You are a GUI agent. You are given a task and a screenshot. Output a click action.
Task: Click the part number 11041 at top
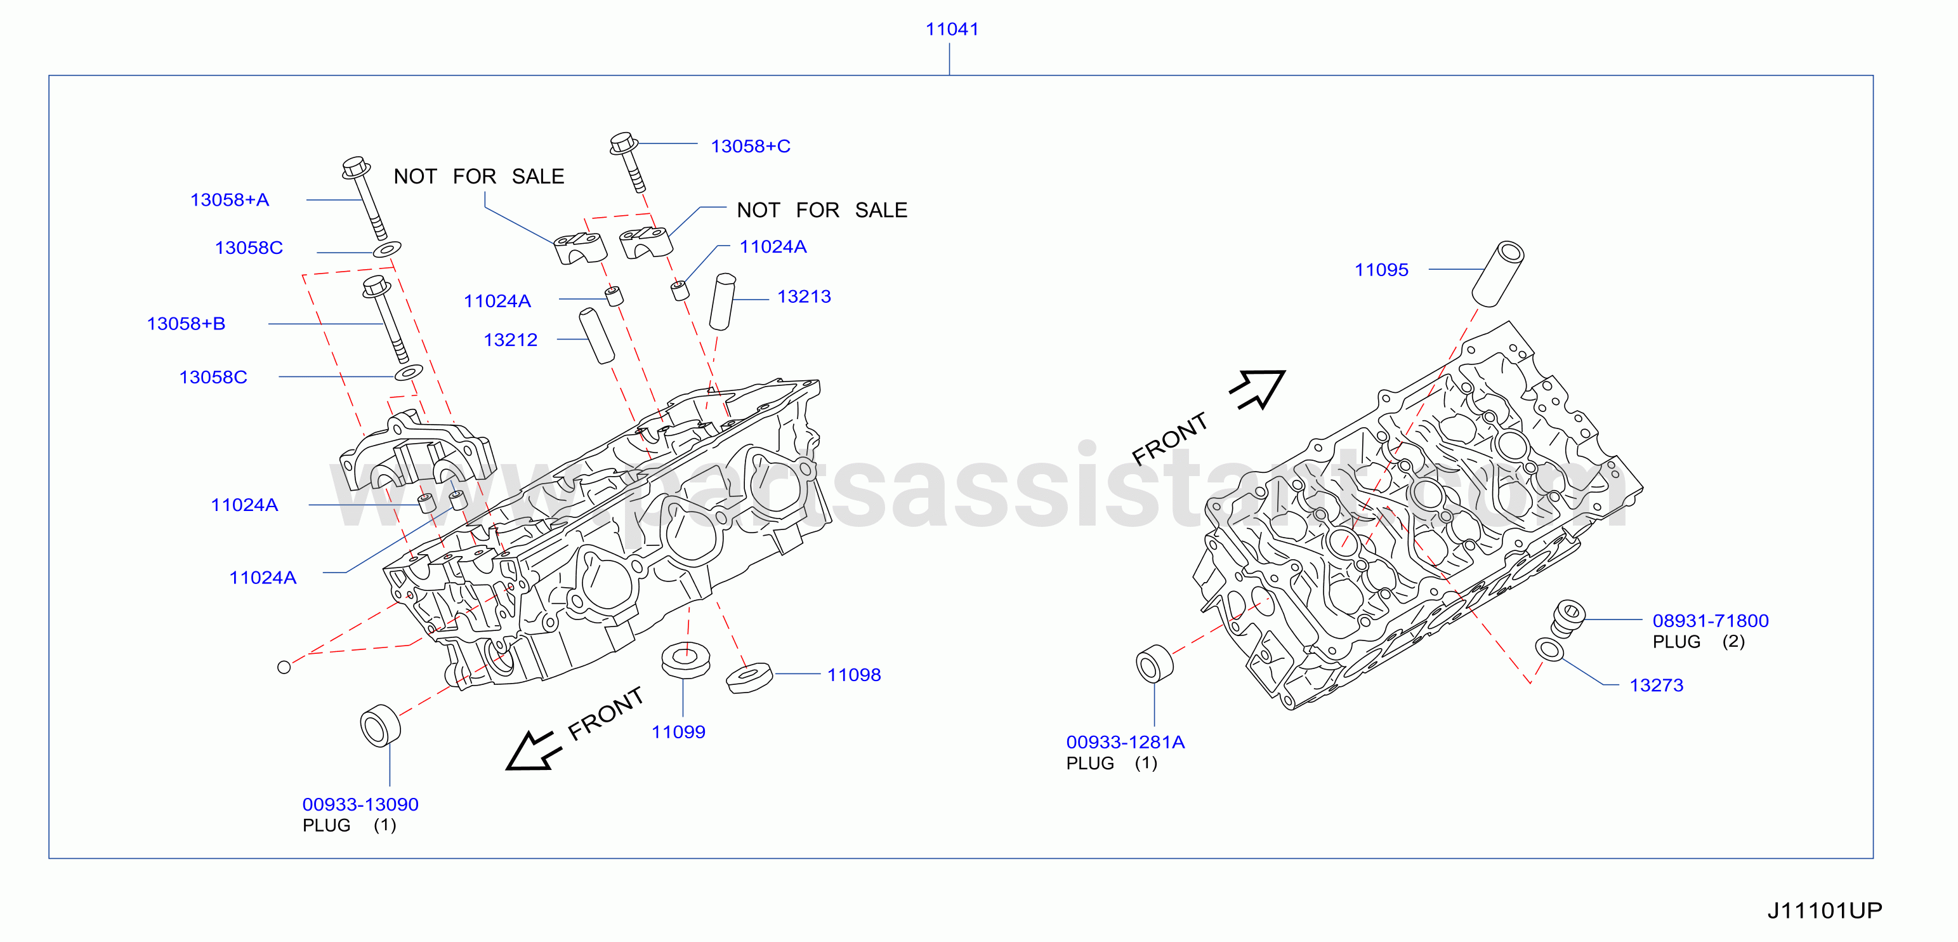click(952, 29)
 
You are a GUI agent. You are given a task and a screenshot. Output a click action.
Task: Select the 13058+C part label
click(750, 146)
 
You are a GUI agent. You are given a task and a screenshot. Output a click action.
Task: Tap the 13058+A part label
click(230, 200)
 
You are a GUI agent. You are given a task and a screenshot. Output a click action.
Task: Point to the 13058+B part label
click(187, 324)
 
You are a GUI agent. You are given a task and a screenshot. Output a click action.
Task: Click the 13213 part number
click(804, 296)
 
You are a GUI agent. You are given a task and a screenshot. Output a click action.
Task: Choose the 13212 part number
click(511, 340)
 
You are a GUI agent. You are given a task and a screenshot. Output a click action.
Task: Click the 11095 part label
click(1381, 270)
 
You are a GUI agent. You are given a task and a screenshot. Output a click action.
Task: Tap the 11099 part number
click(678, 732)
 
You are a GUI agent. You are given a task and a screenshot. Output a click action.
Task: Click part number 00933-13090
click(360, 804)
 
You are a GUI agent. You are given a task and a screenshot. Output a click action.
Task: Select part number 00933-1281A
click(1125, 742)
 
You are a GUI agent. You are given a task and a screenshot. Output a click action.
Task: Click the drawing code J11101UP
click(1824, 910)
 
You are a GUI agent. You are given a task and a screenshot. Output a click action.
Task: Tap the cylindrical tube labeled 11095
click(1498, 274)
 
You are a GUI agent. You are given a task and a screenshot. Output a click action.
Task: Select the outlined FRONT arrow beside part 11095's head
click(1259, 389)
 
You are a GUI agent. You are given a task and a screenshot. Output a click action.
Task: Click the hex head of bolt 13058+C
click(623, 143)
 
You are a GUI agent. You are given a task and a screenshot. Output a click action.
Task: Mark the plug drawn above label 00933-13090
click(380, 726)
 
